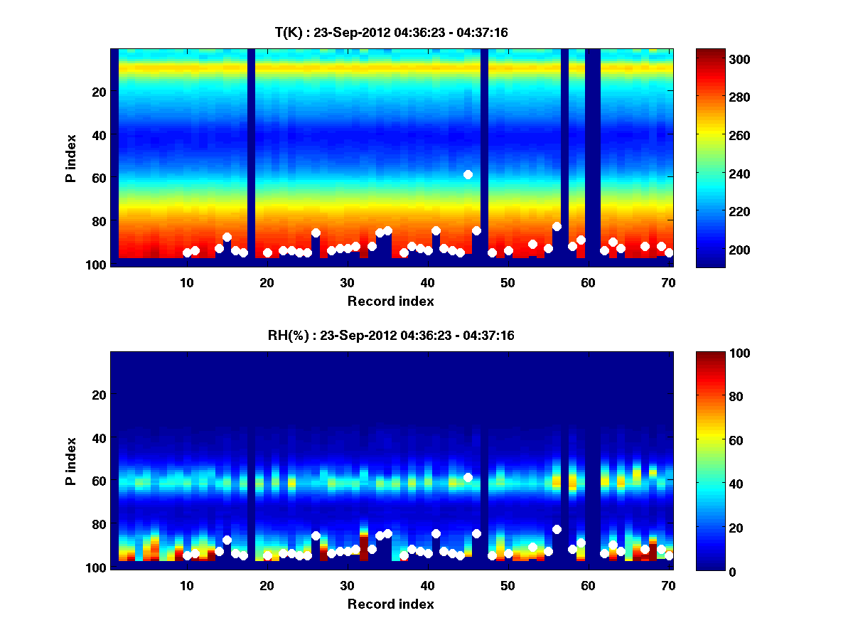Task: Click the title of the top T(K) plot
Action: pyautogui.click(x=391, y=32)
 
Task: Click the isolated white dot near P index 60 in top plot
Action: pyautogui.click(x=468, y=174)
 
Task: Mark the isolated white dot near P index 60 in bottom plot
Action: pyautogui.click(x=468, y=477)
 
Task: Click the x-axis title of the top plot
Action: pyautogui.click(x=391, y=301)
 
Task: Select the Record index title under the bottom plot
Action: pyautogui.click(x=391, y=604)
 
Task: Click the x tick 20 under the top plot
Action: pyautogui.click(x=267, y=282)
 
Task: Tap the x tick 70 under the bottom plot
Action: pyautogui.click(x=668, y=585)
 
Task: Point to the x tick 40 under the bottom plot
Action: pyautogui.click(x=427, y=585)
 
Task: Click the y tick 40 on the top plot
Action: pyautogui.click(x=100, y=135)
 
